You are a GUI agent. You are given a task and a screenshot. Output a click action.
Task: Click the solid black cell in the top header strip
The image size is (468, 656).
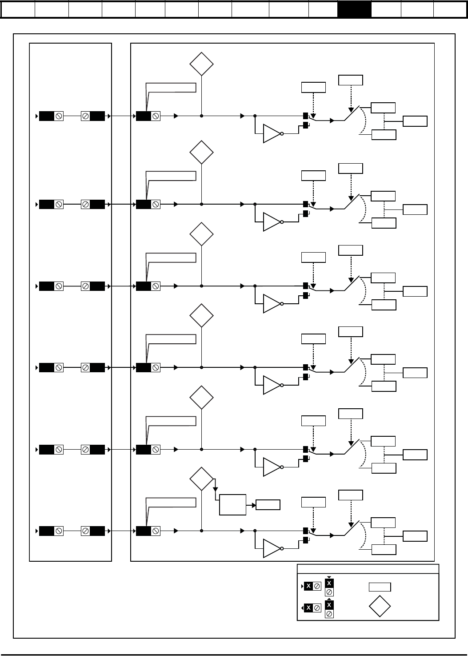(x=354, y=10)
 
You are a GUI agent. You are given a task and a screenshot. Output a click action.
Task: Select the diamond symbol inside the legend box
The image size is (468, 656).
(x=380, y=606)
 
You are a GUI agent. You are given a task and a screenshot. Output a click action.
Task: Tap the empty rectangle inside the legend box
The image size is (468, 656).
(x=380, y=587)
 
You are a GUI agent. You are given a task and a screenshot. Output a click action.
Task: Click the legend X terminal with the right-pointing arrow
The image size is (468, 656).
(x=311, y=586)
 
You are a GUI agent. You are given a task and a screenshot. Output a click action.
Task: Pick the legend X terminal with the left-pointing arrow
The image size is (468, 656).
(x=311, y=608)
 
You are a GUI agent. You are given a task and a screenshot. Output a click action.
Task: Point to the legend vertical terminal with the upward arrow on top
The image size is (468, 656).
(x=329, y=608)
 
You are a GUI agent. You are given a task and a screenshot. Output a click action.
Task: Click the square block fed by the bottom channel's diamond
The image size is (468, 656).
(x=232, y=505)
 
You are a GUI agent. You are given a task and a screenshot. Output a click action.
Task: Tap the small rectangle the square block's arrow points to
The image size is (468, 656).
(x=268, y=505)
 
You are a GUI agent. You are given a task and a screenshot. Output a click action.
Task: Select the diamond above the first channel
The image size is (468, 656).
(x=201, y=64)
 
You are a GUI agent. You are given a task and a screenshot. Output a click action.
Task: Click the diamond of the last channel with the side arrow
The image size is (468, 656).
(x=201, y=479)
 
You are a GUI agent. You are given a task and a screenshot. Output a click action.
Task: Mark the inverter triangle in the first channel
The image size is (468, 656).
(x=272, y=133)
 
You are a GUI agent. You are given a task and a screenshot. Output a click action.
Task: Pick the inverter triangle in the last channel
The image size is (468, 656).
(x=272, y=548)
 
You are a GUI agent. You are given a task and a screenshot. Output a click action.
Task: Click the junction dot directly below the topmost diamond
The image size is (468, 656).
(x=201, y=116)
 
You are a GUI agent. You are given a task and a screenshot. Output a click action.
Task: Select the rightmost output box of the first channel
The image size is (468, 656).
(x=415, y=121)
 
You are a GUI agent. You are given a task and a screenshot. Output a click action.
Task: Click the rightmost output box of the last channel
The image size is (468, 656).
(x=415, y=536)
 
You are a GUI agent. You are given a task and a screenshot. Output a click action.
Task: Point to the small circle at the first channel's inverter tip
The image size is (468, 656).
(x=282, y=133)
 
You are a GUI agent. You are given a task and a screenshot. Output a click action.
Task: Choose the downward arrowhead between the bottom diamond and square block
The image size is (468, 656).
(x=215, y=489)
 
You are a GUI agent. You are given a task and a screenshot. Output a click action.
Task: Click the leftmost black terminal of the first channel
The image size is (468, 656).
(x=47, y=116)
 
